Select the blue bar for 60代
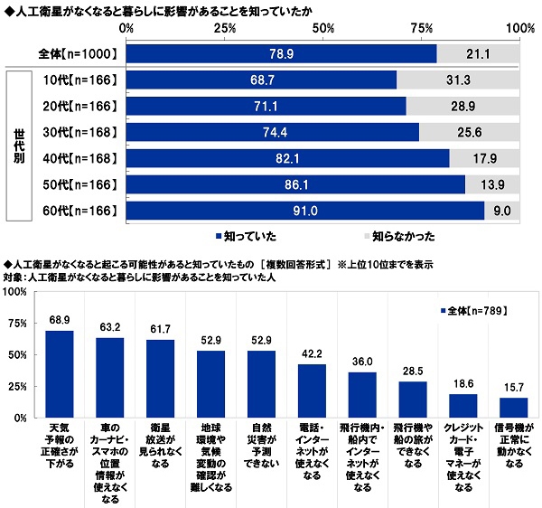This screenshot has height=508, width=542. pos(305,212)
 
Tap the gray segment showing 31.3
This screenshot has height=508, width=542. pos(459,80)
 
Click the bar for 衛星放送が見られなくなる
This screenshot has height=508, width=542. pos(159,380)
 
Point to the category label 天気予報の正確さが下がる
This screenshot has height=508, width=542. pos(59,442)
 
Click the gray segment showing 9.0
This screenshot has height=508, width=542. pos(502,212)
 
